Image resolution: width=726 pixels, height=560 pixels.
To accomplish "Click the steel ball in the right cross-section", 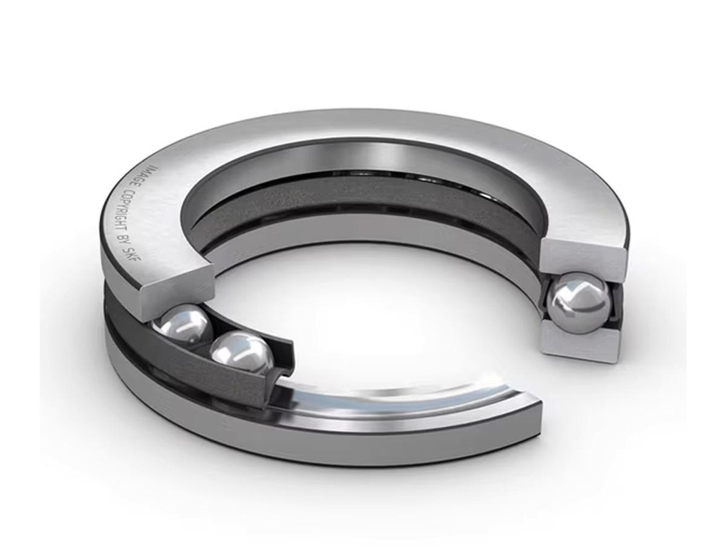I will click(580, 302).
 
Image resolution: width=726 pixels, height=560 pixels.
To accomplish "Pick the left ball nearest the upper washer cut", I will click(182, 325).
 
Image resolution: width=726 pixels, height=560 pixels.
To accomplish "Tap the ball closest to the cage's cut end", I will click(242, 353).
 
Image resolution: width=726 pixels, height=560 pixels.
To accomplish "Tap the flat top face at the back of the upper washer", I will click(369, 127).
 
